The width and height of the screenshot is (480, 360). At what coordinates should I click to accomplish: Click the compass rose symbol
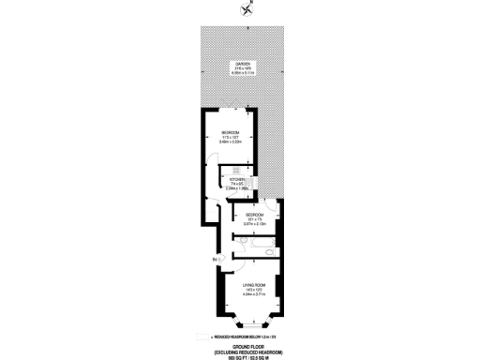[x=247, y=10]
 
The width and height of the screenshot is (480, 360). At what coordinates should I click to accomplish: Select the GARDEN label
[x=240, y=64]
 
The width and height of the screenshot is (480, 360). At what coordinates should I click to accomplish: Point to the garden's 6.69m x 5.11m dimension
[x=240, y=73]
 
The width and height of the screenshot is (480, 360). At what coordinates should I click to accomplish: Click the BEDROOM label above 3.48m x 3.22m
[x=231, y=133]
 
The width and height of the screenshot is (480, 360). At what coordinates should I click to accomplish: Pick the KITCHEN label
[x=235, y=178]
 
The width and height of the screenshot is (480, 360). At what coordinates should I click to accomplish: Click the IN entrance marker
[x=215, y=258]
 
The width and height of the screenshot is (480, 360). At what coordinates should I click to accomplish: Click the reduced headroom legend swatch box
[x=206, y=337]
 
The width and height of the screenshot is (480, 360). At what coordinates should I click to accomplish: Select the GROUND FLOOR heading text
[x=242, y=344]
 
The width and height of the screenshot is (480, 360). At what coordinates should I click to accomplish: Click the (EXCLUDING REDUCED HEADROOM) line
[x=242, y=350]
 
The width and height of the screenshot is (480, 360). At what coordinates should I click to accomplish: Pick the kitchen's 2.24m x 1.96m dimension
[x=236, y=188]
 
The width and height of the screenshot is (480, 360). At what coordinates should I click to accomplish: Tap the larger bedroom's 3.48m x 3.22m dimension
[x=231, y=142]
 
